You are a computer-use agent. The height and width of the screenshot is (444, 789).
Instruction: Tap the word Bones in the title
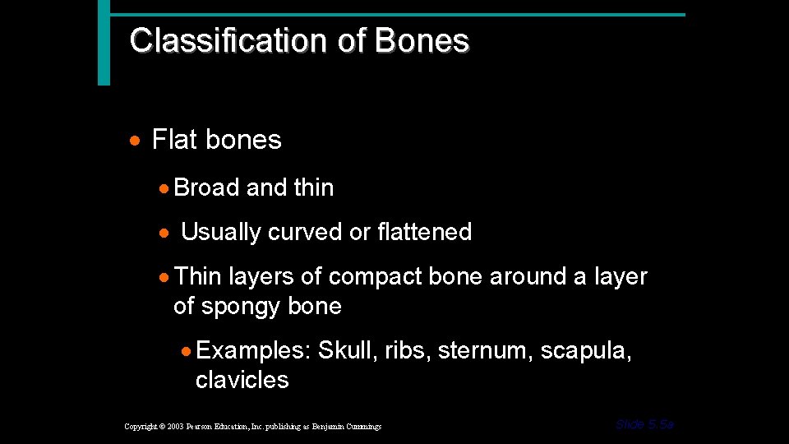coord(422,40)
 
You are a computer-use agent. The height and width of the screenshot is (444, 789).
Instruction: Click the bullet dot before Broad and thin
coord(165,188)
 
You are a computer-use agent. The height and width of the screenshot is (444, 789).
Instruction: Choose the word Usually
coord(220,233)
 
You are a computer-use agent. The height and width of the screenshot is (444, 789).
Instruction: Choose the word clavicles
coord(242,380)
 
